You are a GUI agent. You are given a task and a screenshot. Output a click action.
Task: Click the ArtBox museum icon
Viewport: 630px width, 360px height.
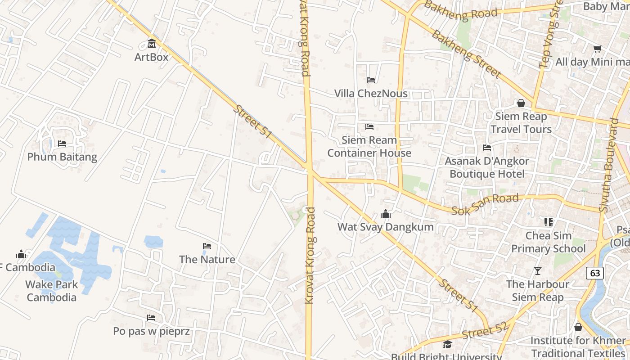click(x=152, y=44)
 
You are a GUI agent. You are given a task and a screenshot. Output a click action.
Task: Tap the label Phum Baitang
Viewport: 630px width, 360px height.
click(x=62, y=157)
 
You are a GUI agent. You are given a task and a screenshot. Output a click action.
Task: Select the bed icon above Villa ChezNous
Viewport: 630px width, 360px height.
click(x=371, y=80)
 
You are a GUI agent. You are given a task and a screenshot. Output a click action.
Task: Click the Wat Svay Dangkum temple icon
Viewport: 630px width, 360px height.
click(x=386, y=214)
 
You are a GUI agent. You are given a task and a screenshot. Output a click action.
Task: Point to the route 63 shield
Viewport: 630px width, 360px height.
click(x=595, y=273)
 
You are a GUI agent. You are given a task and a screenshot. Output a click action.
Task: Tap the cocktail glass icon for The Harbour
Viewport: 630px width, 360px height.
click(x=537, y=270)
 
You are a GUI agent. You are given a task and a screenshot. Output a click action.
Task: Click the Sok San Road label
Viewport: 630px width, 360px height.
click(x=485, y=204)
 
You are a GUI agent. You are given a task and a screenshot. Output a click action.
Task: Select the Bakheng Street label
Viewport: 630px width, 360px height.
click(x=466, y=53)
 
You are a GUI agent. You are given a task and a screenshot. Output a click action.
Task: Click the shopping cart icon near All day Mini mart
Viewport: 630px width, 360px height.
click(x=597, y=49)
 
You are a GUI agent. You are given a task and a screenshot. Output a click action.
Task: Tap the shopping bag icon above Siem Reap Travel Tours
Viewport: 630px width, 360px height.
click(x=521, y=103)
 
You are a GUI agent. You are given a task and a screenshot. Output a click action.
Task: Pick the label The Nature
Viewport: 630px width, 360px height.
click(x=207, y=259)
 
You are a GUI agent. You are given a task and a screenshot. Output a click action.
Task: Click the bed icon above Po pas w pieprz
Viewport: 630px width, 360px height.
click(x=151, y=318)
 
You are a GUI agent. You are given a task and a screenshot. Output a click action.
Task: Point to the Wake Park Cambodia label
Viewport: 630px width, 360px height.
click(x=51, y=291)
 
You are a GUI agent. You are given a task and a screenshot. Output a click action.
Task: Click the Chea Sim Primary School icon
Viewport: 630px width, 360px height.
click(x=548, y=222)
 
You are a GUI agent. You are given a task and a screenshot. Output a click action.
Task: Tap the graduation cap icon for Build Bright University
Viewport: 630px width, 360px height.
click(x=447, y=345)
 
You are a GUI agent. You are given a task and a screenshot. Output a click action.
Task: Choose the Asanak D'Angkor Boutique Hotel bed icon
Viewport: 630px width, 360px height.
click(x=486, y=147)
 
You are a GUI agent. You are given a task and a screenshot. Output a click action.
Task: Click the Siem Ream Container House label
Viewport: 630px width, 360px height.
click(x=369, y=146)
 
